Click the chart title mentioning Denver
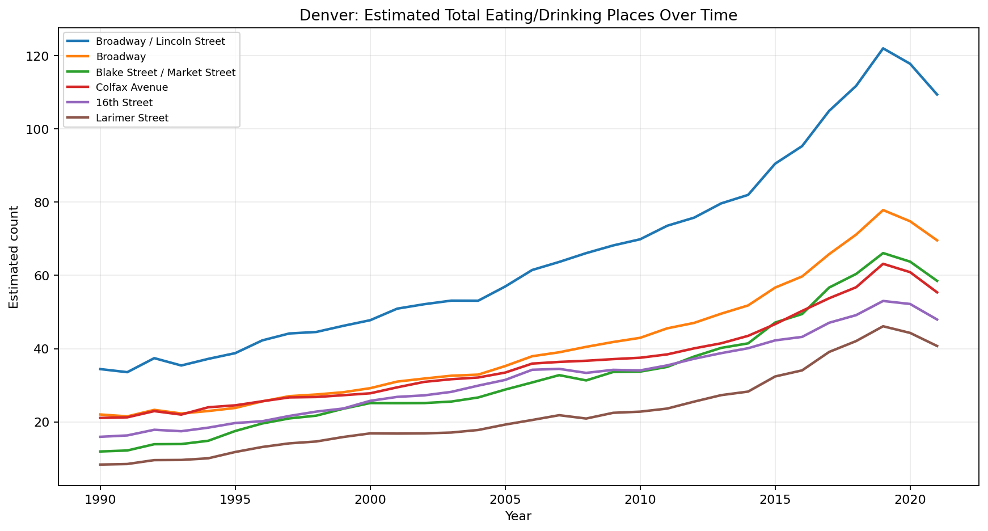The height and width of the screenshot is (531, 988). click(x=518, y=15)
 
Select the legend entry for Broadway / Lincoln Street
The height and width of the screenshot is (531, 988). click(x=161, y=41)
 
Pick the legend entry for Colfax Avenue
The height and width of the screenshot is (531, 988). click(x=132, y=87)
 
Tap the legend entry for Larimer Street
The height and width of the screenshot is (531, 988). click(x=132, y=118)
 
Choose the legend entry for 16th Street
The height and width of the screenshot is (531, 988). click(x=124, y=103)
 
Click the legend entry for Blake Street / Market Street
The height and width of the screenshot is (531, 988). click(x=166, y=72)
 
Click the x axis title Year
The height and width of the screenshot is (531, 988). click(x=518, y=516)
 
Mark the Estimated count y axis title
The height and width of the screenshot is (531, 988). click(x=14, y=257)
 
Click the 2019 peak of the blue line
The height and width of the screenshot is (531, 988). click(x=883, y=48)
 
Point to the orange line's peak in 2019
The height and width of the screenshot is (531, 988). click(x=883, y=210)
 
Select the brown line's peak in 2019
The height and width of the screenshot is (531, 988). click(x=883, y=326)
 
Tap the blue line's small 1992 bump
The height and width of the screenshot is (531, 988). click(x=154, y=358)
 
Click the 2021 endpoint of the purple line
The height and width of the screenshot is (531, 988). click(x=937, y=320)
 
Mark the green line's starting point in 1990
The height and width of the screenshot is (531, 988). click(x=100, y=452)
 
